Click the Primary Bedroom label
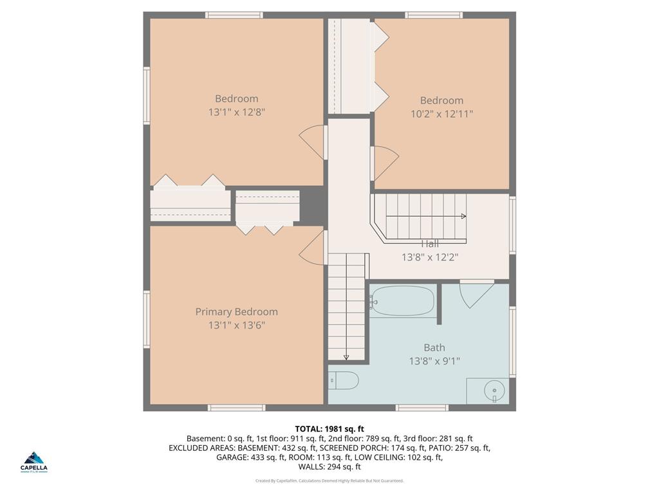[236, 312]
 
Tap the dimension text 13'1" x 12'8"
[236, 112]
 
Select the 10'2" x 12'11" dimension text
[441, 114]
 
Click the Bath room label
[434, 348]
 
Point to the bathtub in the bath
[403, 301]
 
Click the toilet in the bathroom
[343, 381]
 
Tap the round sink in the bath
[494, 390]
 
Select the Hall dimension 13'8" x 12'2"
[430, 257]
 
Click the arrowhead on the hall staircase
[463, 216]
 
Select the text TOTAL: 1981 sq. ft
[329, 429]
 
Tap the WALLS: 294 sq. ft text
[329, 467]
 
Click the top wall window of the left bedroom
[234, 15]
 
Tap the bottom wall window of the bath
[422, 407]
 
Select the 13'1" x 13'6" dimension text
[236, 325]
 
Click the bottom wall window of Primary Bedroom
[236, 407]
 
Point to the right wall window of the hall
[512, 224]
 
